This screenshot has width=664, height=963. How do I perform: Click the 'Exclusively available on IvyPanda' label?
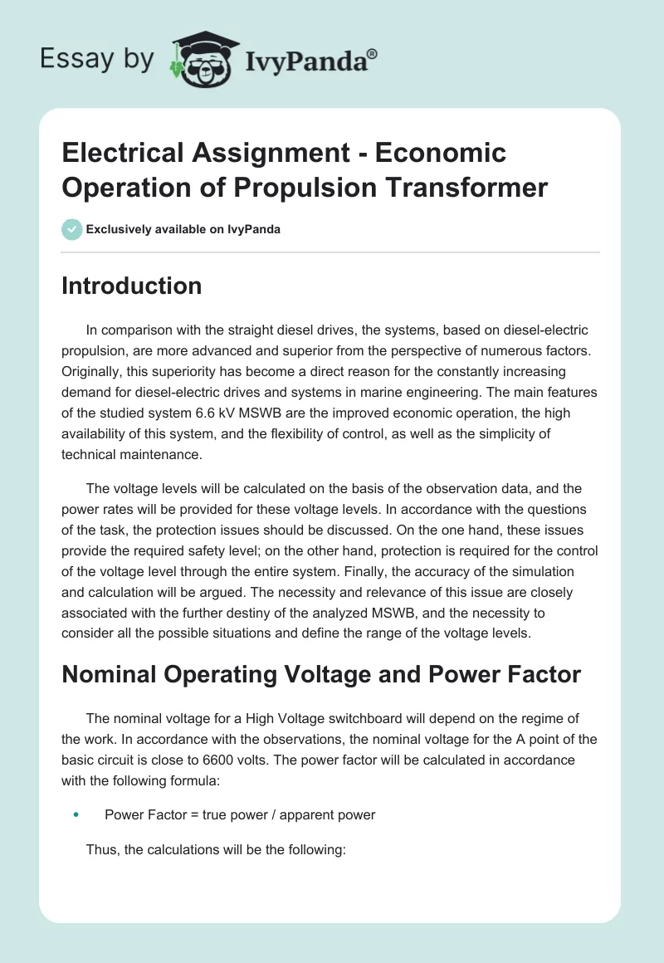[x=183, y=229]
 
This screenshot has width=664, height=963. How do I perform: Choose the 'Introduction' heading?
[x=131, y=286]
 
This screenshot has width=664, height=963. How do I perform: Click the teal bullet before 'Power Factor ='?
[x=76, y=815]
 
